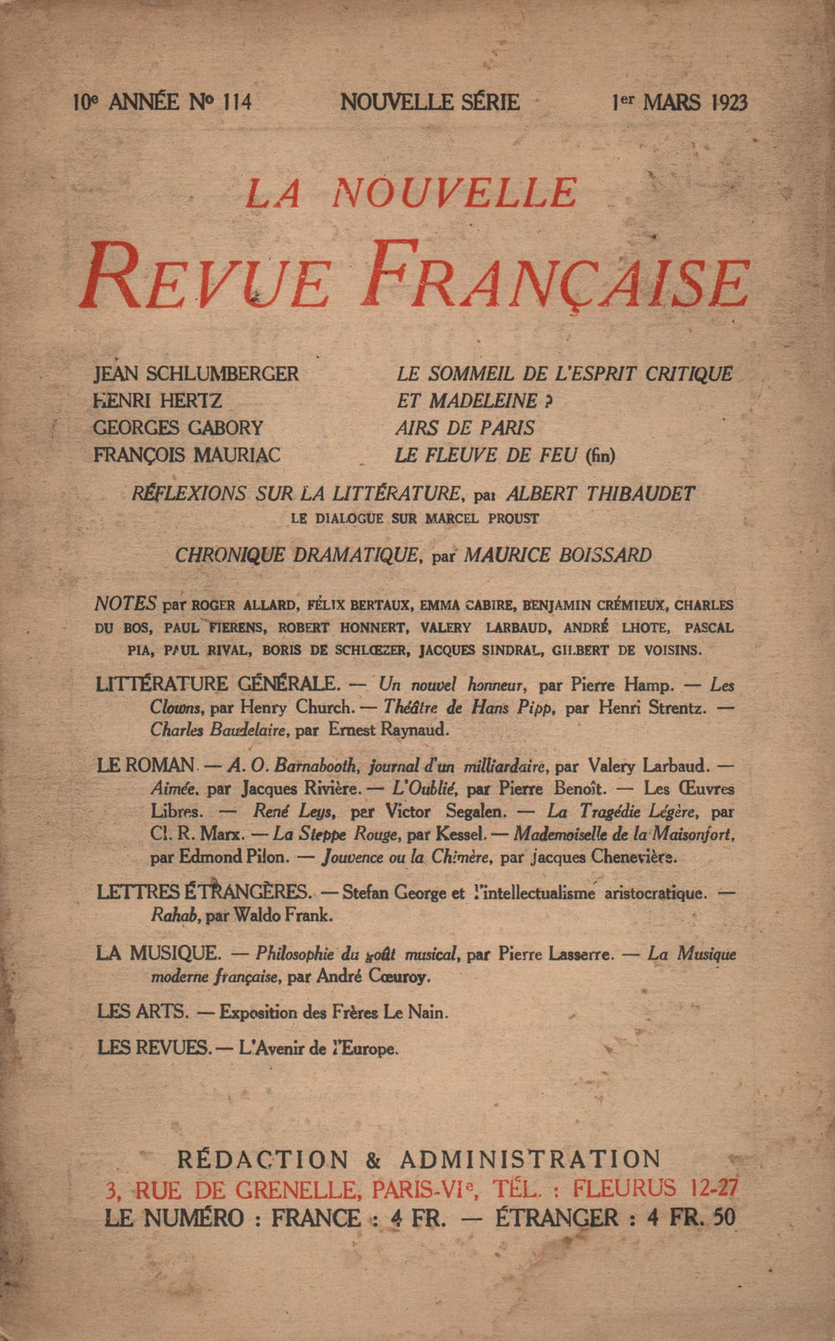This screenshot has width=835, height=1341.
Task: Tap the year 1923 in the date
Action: tap(729, 103)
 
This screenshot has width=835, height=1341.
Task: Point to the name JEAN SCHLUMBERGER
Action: tap(196, 374)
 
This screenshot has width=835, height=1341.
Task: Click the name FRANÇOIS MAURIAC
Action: tap(187, 455)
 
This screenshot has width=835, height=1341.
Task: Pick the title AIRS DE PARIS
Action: tap(465, 428)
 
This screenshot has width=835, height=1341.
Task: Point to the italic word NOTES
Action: tap(126, 603)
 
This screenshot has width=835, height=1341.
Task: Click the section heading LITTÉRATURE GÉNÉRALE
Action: tap(218, 684)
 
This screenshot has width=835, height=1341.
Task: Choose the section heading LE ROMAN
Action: tap(146, 764)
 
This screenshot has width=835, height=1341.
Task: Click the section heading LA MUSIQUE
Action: tap(159, 952)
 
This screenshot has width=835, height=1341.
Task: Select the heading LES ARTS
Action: tap(142, 1011)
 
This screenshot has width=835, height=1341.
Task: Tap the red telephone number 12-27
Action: tap(711, 1187)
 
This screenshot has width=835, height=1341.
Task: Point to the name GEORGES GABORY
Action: tap(178, 428)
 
